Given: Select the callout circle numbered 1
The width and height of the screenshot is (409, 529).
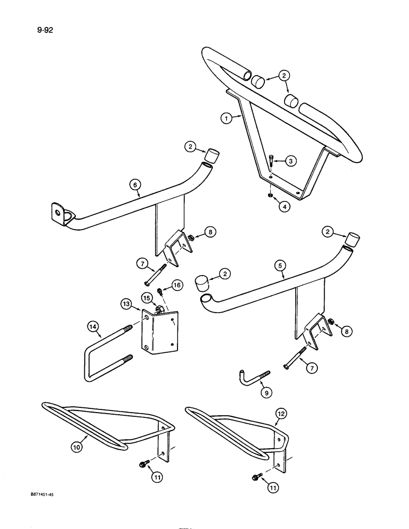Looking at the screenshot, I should tap(227, 119).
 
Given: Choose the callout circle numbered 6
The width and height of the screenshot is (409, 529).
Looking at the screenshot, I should tap(136, 184).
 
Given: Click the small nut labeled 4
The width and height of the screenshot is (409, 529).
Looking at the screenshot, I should tap(269, 196).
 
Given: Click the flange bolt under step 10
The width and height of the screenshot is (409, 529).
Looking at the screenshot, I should tap(143, 464).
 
